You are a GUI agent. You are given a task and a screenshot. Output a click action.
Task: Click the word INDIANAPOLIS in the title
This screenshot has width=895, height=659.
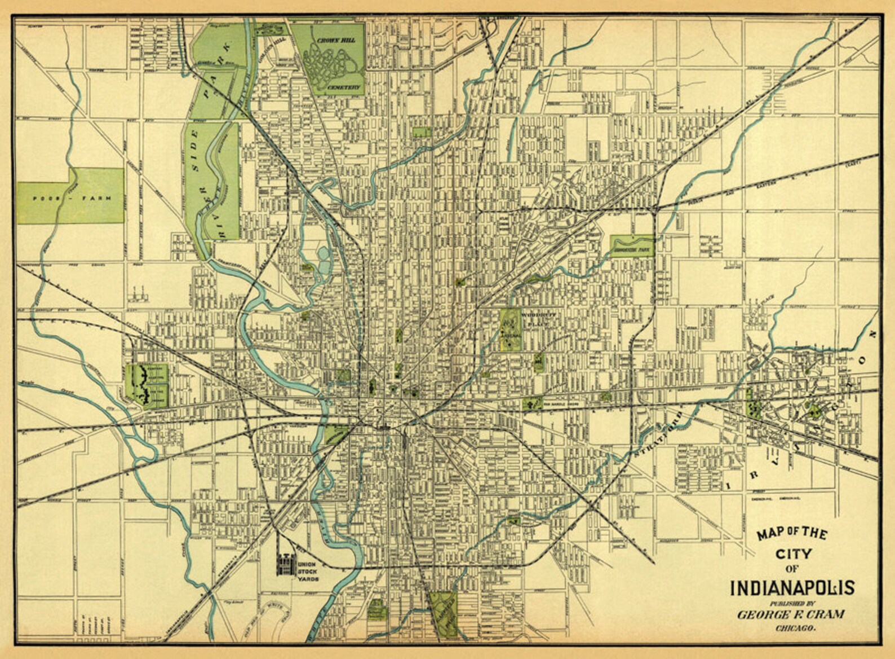(x=792, y=587)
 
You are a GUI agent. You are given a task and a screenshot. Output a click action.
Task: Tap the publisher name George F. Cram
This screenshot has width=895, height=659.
(x=791, y=614)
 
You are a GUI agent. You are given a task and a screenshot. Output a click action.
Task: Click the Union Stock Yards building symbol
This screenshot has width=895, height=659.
(x=285, y=564)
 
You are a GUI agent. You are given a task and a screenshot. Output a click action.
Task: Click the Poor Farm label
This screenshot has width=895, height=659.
(x=70, y=198)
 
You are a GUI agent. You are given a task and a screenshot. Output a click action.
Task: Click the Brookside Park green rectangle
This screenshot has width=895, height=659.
(x=631, y=247)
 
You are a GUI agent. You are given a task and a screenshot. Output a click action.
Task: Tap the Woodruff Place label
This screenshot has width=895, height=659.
(x=539, y=320)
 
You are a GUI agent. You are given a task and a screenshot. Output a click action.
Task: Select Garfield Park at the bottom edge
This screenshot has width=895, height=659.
(x=443, y=615)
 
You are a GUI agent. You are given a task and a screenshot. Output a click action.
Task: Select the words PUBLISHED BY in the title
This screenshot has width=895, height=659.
(x=791, y=603)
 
